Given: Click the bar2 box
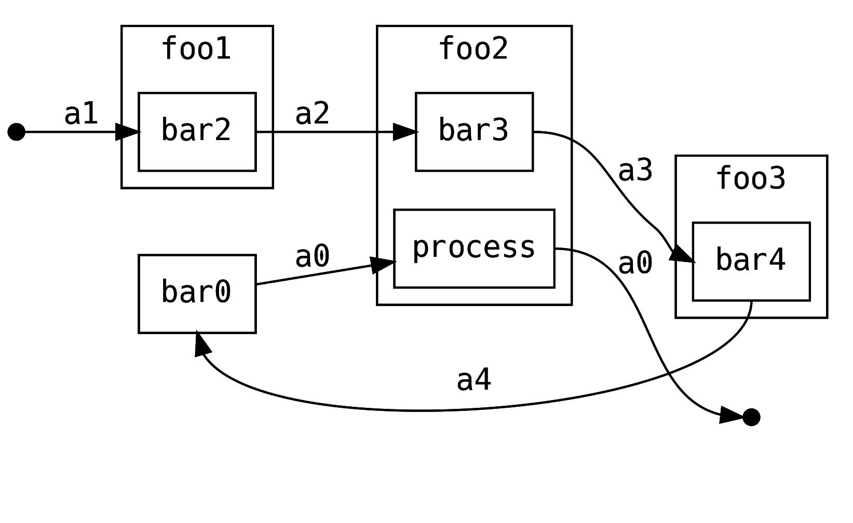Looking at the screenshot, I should tap(197, 132).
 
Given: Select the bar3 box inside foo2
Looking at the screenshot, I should tap(474, 132).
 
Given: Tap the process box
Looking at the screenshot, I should tap(474, 249).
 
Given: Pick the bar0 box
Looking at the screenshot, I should tap(197, 294).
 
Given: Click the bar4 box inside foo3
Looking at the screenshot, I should tap(751, 261).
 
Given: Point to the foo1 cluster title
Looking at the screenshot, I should tap(196, 49).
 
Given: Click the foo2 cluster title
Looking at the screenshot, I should tap(473, 49).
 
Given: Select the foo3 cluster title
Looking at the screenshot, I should tap(751, 179).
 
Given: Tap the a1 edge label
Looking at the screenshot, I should tap(81, 114).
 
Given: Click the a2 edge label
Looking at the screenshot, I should tap(312, 114).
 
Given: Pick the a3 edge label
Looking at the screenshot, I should tap(635, 171).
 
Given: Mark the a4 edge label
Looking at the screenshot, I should tap(473, 380).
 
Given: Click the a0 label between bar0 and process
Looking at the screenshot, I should tap(312, 257).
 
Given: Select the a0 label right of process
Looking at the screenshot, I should tap(635, 263).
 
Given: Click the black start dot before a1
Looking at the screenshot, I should tap(17, 132).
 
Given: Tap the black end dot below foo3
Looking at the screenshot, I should tap(751, 417).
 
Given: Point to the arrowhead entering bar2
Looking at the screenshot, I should tap(128, 132).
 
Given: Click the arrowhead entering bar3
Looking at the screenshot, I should tap(405, 132).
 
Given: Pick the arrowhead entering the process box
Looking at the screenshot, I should tap(383, 264).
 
